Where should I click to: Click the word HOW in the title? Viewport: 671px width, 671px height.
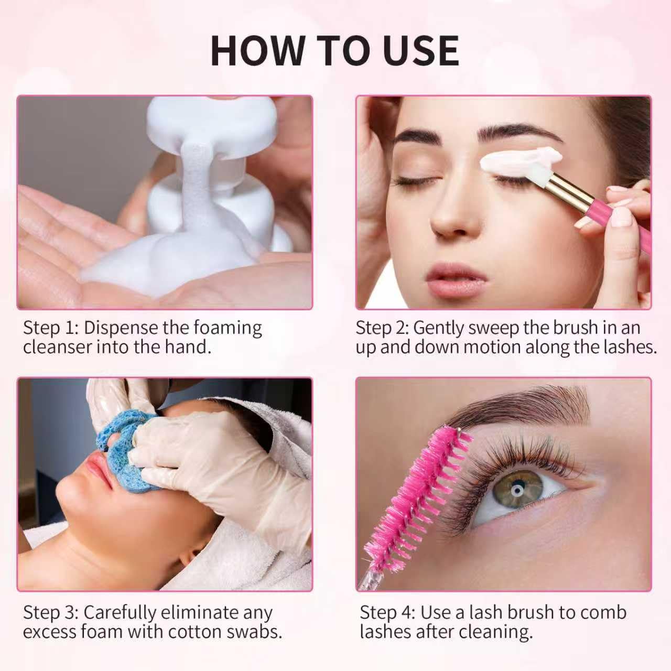[257, 51]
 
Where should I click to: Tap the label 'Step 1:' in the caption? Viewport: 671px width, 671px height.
[50, 328]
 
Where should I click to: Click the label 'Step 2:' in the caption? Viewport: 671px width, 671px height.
[382, 328]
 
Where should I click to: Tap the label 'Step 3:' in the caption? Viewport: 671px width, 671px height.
[50, 612]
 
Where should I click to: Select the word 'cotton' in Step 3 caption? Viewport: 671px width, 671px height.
[196, 632]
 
